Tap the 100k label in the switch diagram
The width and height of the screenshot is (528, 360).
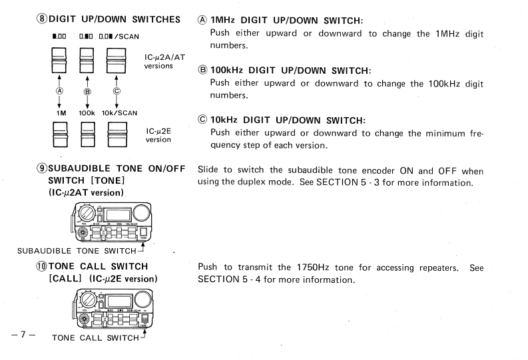[67, 112]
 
